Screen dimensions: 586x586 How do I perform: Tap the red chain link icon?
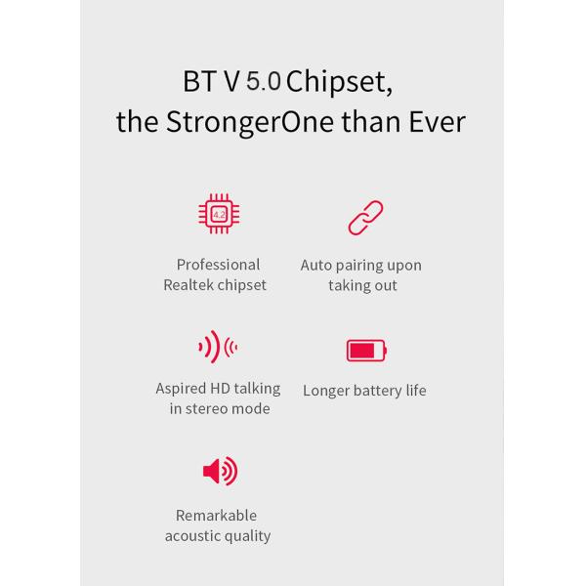[365, 218]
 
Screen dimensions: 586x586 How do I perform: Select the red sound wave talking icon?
[218, 346]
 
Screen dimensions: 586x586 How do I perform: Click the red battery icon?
[366, 350]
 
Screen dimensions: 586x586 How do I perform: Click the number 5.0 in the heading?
[264, 80]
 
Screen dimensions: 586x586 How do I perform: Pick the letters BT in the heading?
[200, 81]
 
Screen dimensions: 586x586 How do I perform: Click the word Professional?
[218, 265]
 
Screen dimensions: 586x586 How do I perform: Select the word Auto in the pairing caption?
[316, 266]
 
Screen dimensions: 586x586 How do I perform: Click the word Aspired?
[181, 388]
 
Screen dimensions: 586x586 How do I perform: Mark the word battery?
[381, 391]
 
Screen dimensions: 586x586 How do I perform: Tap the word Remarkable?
[217, 515]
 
